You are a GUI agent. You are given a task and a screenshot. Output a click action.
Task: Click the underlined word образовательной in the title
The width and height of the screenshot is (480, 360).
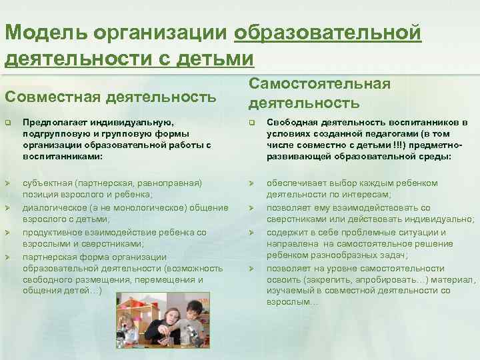pyautogui.click(x=327, y=32)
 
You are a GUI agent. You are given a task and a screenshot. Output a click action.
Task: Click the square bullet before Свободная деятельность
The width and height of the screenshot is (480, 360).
pyautogui.click(x=252, y=123)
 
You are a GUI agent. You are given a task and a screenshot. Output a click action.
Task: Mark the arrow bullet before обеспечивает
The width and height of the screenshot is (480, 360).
pyautogui.click(x=252, y=183)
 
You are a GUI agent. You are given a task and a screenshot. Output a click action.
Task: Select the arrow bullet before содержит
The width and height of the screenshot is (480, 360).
pyautogui.click(x=252, y=233)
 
